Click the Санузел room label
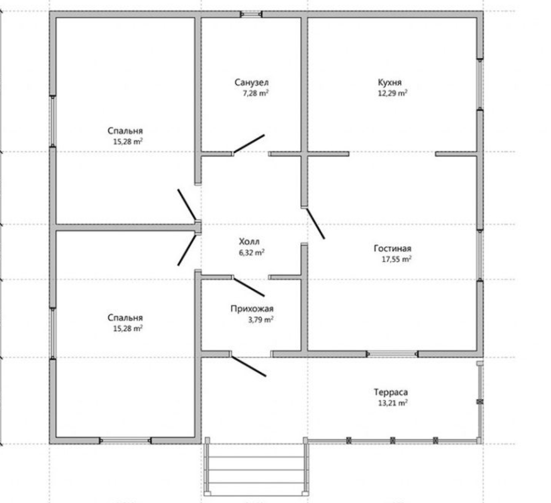coord(252,82)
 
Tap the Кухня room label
coord(390,82)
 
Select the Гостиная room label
coord(393,248)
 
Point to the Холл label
coord(249,242)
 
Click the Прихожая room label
coord(252,309)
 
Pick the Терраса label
coord(391,392)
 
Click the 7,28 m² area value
coord(256,93)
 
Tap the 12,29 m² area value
coord(393,93)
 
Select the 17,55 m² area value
coord(396,259)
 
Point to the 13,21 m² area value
coord(393,403)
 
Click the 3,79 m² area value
coord(261,320)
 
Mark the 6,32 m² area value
coord(252,253)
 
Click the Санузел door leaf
coord(249,144)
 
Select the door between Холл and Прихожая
coord(249,287)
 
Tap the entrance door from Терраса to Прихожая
coord(249,366)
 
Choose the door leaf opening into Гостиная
coord(315,224)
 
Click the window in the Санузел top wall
coord(251,14)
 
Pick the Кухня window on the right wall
coord(479,84)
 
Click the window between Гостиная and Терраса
coord(393,354)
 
